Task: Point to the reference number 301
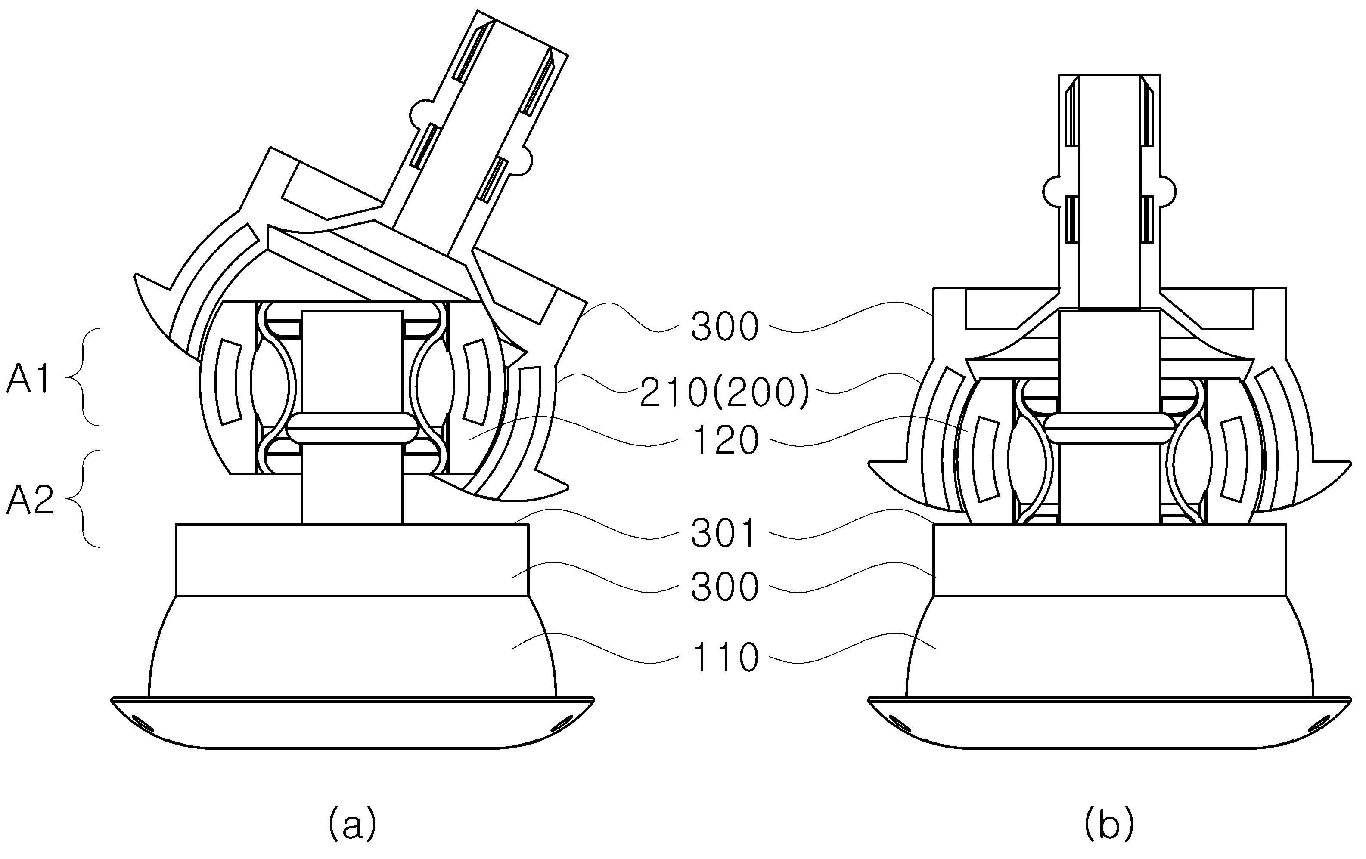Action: [724, 533]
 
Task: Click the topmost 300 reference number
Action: [725, 326]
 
